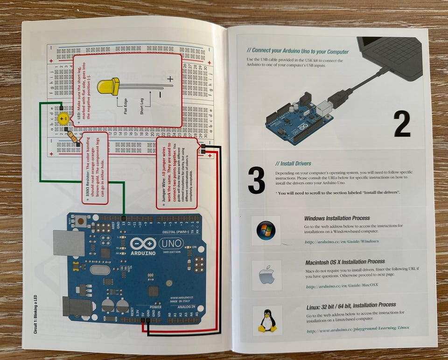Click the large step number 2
click(x=401, y=124)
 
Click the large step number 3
click(x=256, y=179)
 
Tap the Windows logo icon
click(x=266, y=230)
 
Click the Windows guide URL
click(x=342, y=242)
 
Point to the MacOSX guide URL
click(x=343, y=286)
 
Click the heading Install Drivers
click(x=293, y=164)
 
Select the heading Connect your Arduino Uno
click(x=297, y=51)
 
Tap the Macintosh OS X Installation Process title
click(x=345, y=262)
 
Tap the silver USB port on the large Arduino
click(x=69, y=242)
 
